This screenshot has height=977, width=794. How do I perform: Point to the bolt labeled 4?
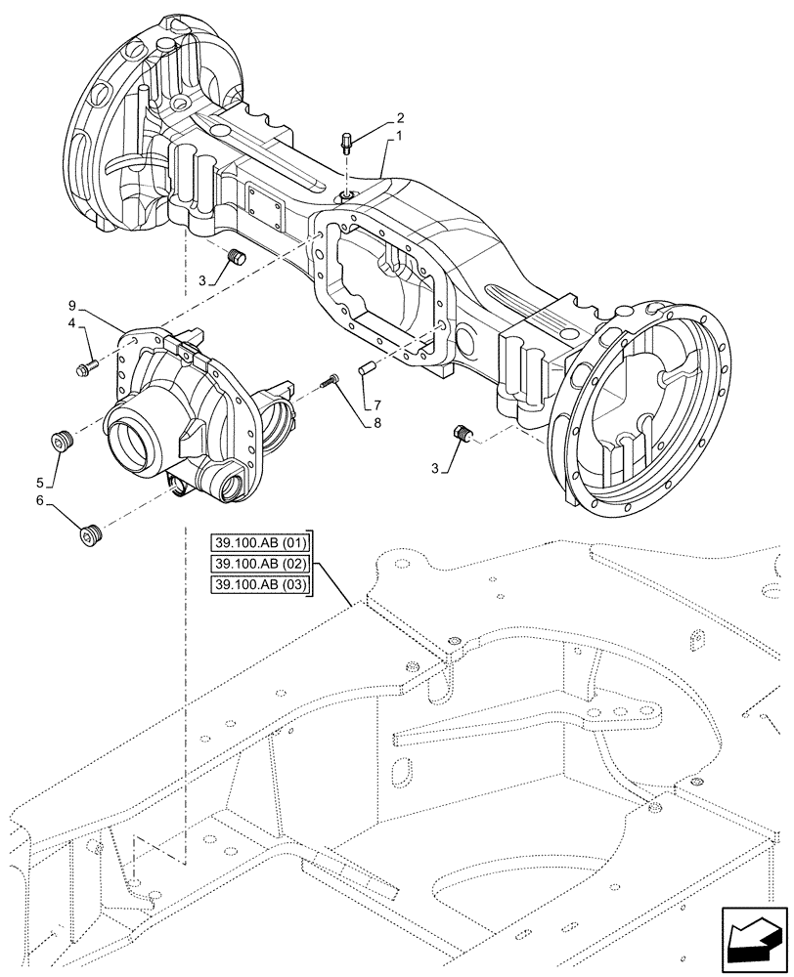[85, 368]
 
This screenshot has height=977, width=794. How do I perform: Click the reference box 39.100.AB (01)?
[259, 543]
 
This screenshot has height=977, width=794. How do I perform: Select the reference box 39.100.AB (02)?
[259, 564]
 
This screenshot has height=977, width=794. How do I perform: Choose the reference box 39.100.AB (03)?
[259, 584]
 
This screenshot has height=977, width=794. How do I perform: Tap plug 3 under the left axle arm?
[234, 258]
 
